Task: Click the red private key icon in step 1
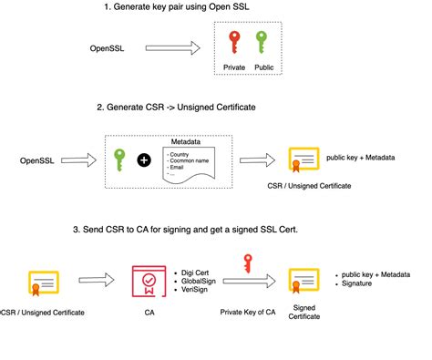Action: (x=234, y=44)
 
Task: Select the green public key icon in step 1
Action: (x=264, y=44)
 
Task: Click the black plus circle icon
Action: (x=144, y=160)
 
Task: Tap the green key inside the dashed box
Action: (x=118, y=159)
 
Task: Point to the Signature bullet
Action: (x=361, y=283)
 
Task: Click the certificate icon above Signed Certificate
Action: (x=303, y=282)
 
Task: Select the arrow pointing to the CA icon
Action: (x=94, y=282)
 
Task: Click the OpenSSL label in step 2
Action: (x=39, y=160)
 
